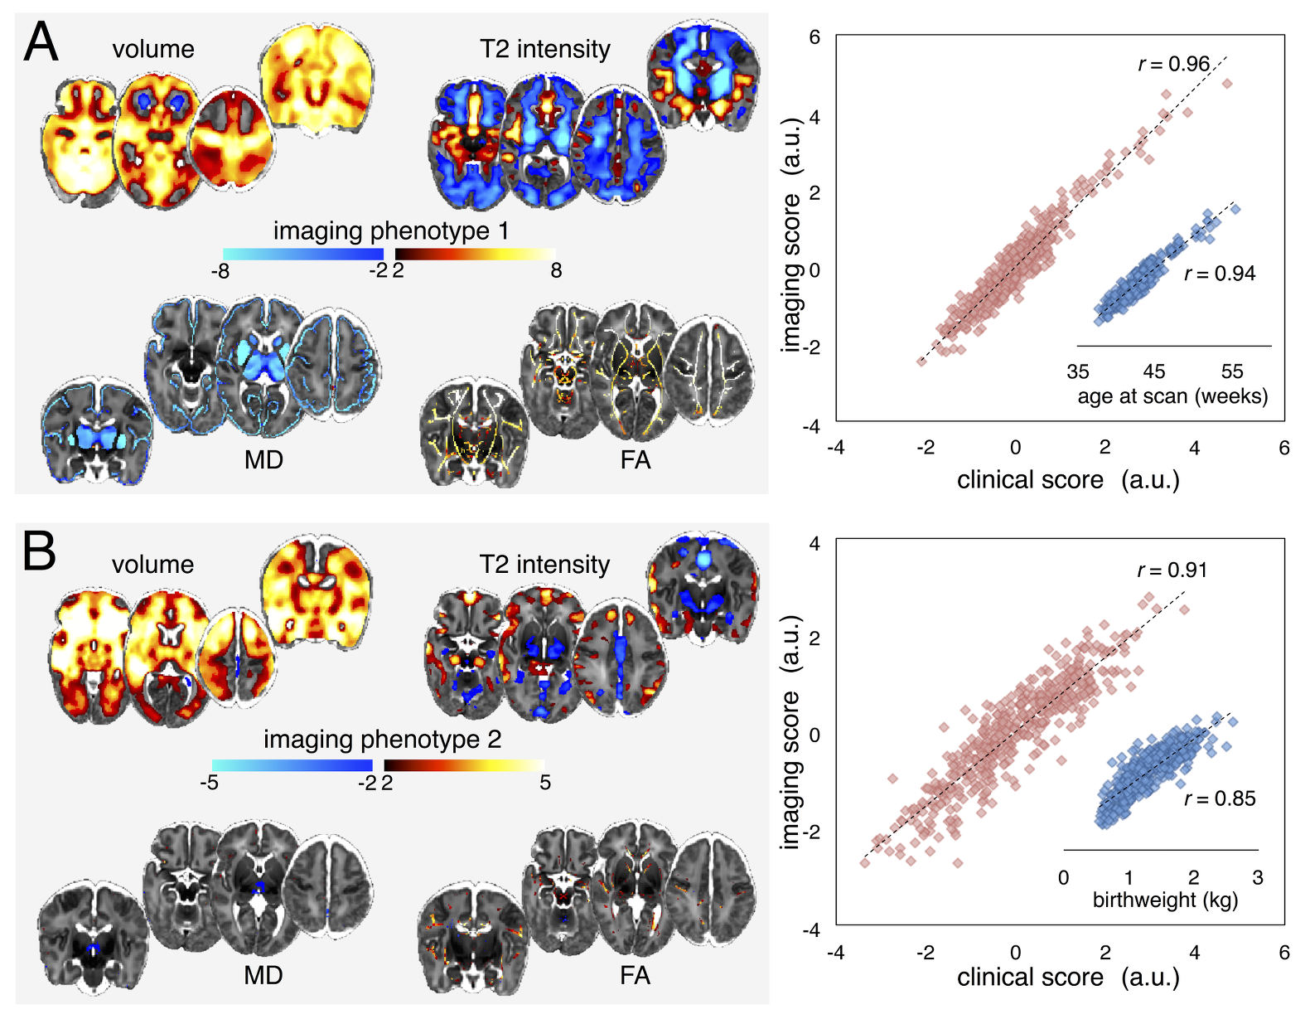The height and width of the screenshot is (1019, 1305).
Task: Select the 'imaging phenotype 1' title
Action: click(x=391, y=230)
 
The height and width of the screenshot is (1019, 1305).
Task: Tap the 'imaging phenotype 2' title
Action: click(x=382, y=739)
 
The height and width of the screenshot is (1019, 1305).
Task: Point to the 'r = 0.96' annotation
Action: click(x=1174, y=64)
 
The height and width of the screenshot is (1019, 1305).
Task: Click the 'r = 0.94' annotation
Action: click(x=1220, y=274)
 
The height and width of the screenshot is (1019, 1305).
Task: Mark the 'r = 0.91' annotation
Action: click(x=1172, y=570)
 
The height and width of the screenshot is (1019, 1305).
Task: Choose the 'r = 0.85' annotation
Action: click(x=1220, y=798)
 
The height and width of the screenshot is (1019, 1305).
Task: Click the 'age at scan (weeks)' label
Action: click(x=1172, y=396)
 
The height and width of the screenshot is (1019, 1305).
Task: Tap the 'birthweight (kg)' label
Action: click(x=1165, y=900)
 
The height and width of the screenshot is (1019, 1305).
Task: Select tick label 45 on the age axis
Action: click(x=1153, y=371)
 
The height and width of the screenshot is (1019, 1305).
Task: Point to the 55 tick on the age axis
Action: click(x=1232, y=371)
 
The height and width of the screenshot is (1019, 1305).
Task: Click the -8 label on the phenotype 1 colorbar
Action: click(x=220, y=271)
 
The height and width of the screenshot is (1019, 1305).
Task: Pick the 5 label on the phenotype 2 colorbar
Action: click(x=545, y=783)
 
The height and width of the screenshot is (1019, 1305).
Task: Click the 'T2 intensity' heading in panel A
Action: click(x=544, y=50)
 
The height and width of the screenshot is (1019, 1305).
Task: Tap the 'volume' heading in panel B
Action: click(x=152, y=565)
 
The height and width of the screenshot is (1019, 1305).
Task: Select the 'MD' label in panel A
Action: click(x=263, y=459)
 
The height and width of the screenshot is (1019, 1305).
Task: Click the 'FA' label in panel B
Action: click(x=635, y=976)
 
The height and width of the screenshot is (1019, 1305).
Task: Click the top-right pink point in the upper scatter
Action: click(x=1227, y=83)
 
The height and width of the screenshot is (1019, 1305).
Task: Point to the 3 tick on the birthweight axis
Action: click(x=1258, y=877)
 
